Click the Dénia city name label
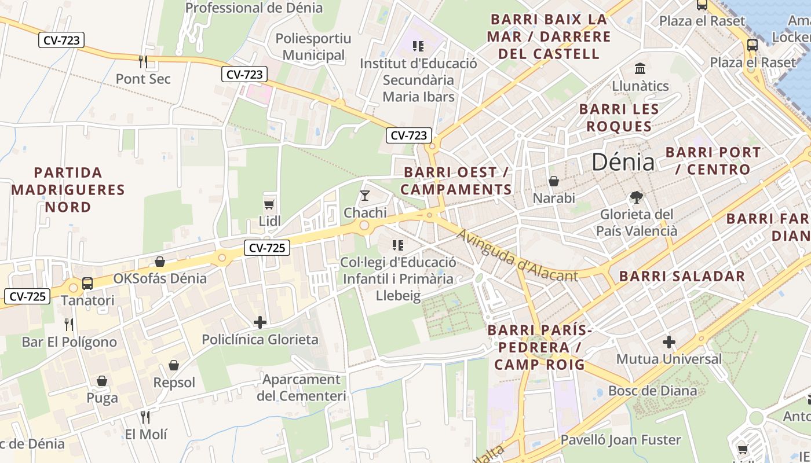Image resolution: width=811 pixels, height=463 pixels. [623, 162]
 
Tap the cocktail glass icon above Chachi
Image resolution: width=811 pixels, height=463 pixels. [365, 196]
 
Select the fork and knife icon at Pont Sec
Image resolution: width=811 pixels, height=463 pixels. [143, 61]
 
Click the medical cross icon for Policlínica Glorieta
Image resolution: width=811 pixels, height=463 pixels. [260, 322]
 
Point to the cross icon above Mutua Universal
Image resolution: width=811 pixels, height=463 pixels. [669, 342]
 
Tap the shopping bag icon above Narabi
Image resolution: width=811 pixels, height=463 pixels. [554, 181]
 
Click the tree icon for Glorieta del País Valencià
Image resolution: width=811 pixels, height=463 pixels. [637, 197]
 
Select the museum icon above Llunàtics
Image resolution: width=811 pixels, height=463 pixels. [640, 69]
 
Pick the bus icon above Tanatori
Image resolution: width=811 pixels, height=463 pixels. [87, 284]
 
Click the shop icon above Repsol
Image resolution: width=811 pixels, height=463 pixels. [174, 365]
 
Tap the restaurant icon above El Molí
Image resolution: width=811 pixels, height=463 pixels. [146, 417]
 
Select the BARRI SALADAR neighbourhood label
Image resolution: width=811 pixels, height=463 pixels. [682, 276]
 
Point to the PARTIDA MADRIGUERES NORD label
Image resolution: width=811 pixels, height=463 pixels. [68, 190]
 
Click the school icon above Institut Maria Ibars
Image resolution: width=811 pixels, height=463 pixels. [418, 46]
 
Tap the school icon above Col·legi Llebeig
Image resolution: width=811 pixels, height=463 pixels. [397, 245]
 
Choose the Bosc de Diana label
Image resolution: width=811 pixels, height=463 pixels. [652, 391]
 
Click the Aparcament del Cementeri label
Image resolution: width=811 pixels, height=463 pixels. [301, 388]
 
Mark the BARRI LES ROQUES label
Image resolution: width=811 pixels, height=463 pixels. [619, 117]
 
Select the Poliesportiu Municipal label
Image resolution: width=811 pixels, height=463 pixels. [313, 47]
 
